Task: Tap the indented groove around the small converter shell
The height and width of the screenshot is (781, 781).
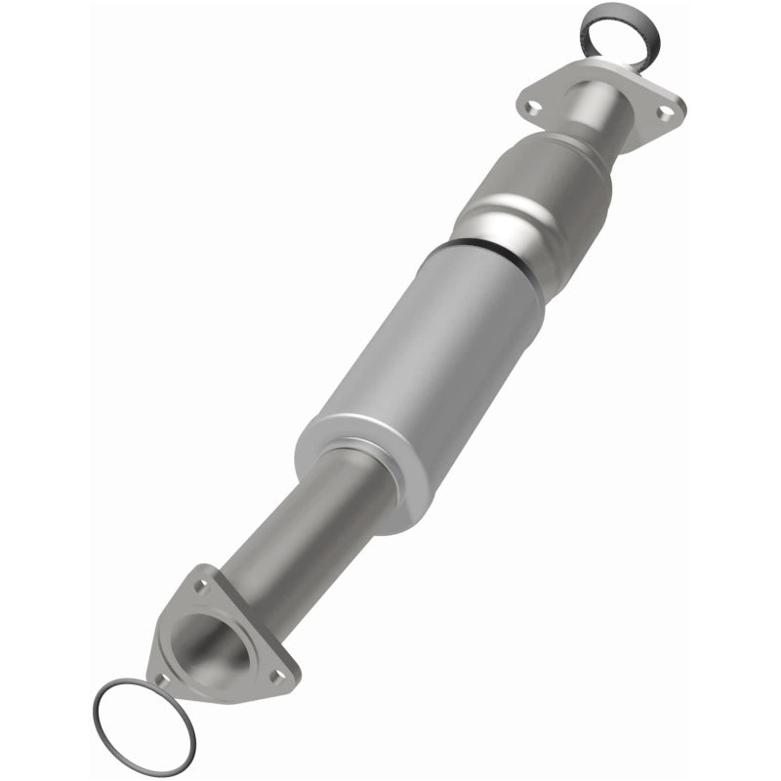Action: (x=508, y=210)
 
